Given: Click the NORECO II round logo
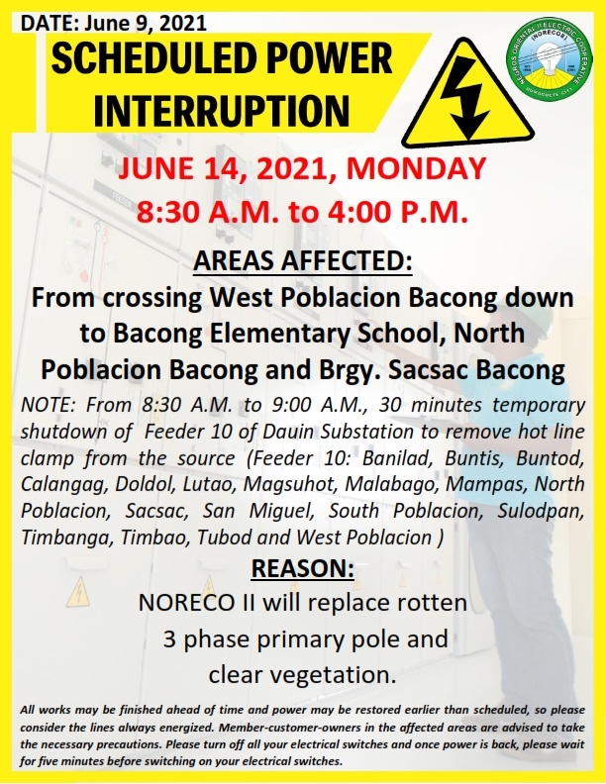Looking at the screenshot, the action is (549, 60).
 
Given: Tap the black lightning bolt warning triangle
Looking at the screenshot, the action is (467, 91).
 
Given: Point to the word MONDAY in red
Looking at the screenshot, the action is (416, 168).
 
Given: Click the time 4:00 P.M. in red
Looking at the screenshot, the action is (397, 212).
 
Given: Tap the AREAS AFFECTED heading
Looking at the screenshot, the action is (303, 260).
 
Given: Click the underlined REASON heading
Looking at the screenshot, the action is (302, 568).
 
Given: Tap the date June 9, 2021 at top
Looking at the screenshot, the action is (146, 23).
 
